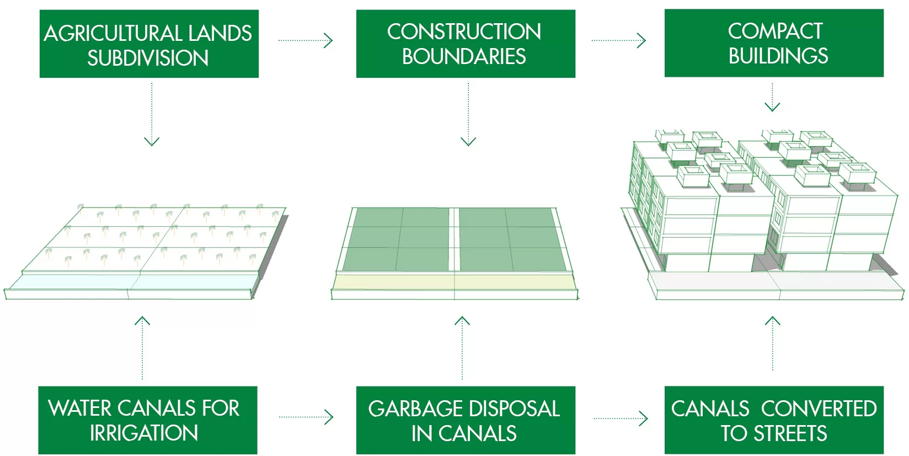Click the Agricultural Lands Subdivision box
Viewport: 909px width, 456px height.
point(149,44)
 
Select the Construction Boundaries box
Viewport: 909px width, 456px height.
point(466,44)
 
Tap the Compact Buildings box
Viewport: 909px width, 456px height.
point(774,43)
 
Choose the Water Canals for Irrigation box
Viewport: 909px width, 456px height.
point(148,420)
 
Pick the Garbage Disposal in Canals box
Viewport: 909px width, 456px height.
point(466,420)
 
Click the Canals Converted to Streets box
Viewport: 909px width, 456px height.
point(774,420)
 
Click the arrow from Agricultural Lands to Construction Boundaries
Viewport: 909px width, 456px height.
point(306,40)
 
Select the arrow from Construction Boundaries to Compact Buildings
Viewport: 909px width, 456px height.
point(619,40)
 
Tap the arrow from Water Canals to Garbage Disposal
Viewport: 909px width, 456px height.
point(306,417)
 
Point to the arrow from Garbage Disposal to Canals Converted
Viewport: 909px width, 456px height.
point(621,418)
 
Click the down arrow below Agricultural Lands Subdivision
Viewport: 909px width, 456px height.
point(152,114)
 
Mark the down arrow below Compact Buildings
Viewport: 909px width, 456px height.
point(772,98)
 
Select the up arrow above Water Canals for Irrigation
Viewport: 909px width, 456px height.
point(142,348)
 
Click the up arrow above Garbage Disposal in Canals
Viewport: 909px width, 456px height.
point(462,348)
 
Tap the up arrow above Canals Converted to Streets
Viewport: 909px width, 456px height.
point(773,343)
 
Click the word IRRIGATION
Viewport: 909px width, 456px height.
point(144,433)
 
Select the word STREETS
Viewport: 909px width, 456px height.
point(790,433)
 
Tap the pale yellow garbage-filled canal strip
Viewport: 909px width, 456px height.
point(454,282)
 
